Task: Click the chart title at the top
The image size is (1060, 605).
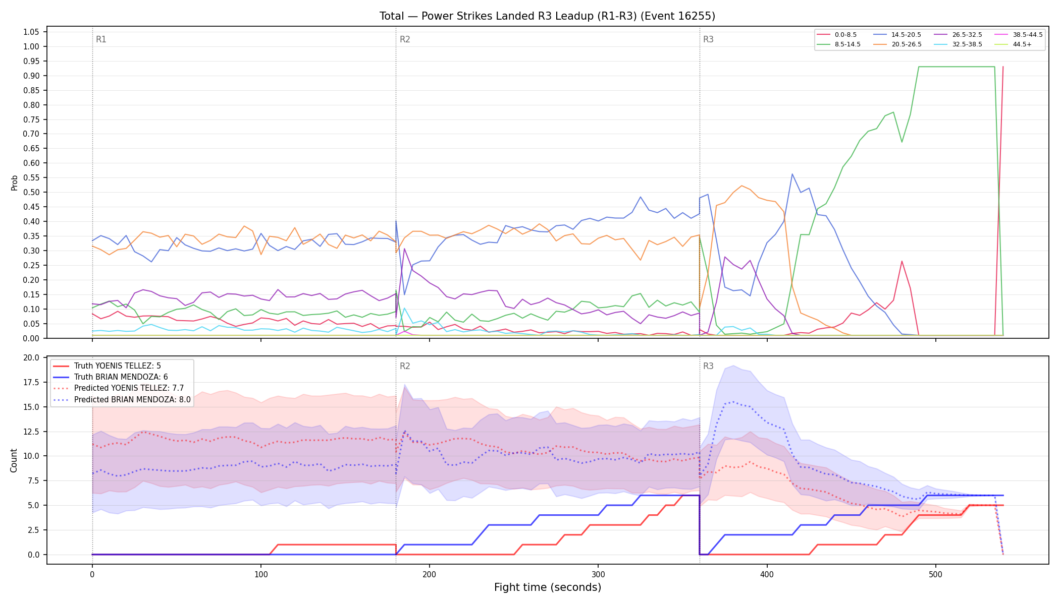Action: click(547, 16)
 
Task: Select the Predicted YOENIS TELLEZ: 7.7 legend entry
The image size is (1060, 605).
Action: click(119, 388)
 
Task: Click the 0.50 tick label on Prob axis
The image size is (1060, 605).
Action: click(31, 192)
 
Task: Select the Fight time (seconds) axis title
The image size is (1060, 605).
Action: click(548, 587)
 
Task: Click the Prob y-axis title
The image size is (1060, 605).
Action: click(14, 183)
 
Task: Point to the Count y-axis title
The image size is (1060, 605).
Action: click(14, 460)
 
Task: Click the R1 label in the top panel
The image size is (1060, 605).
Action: click(101, 39)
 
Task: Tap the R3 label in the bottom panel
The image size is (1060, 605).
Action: click(708, 366)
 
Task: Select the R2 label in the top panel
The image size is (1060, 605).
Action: click(405, 39)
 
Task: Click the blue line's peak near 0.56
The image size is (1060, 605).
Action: click(792, 174)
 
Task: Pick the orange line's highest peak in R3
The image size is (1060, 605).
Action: click(741, 186)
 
